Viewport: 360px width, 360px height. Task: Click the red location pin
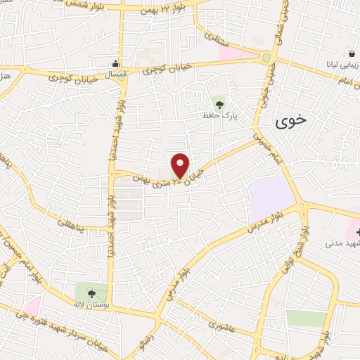point(181,165)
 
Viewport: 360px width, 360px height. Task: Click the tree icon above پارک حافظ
point(220,104)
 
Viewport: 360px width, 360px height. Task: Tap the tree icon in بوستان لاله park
point(91,290)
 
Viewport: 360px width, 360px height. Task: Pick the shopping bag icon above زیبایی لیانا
point(352,54)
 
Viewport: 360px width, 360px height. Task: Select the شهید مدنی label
point(342,243)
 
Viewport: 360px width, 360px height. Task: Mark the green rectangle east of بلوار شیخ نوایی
point(307,318)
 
